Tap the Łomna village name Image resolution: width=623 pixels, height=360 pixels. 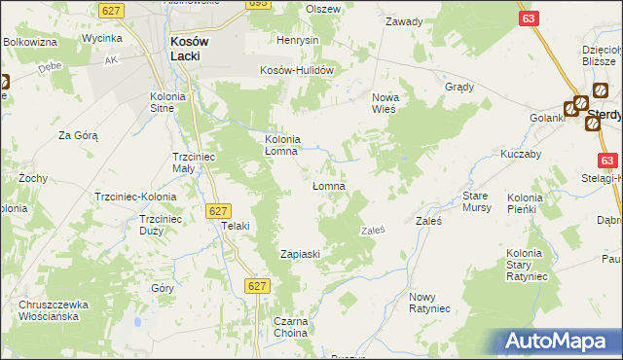coord(329,186)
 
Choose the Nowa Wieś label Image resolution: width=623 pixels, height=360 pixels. coord(389,102)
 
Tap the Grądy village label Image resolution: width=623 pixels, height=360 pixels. coord(459,86)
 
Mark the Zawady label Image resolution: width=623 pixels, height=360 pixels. coord(404,20)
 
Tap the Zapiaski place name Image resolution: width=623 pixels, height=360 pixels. coord(301,253)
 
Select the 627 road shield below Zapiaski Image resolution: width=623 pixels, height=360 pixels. coord(257,285)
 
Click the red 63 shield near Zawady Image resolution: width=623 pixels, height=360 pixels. coord(528,18)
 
